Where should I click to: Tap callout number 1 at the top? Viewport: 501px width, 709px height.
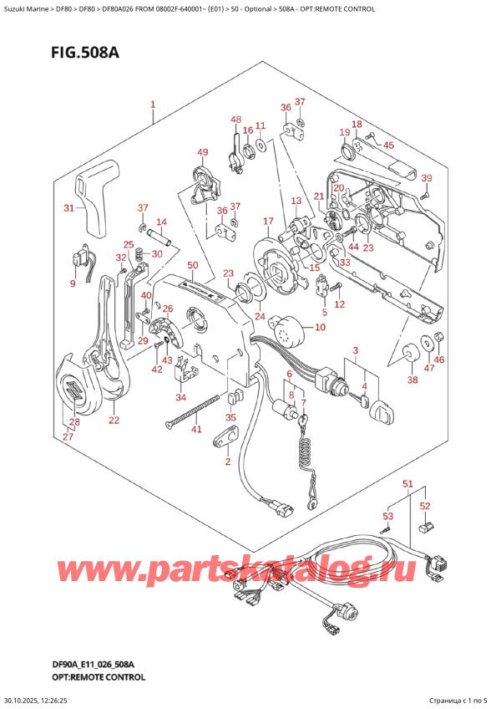pos(153,105)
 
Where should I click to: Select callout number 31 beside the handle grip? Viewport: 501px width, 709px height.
pos(70,208)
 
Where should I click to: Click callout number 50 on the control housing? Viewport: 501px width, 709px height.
pos(193,265)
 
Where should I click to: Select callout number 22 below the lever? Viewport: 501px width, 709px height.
pos(114,420)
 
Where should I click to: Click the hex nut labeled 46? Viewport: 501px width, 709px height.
pos(440,338)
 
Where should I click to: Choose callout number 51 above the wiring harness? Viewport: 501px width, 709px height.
pos(408,484)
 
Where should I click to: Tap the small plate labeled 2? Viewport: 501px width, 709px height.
pos(226,436)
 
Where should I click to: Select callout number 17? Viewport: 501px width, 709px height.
pos(268,221)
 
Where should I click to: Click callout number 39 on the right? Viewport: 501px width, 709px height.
pos(426,178)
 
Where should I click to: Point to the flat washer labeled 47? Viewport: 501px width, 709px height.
pos(427,340)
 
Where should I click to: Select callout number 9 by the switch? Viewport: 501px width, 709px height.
pos(72,284)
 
